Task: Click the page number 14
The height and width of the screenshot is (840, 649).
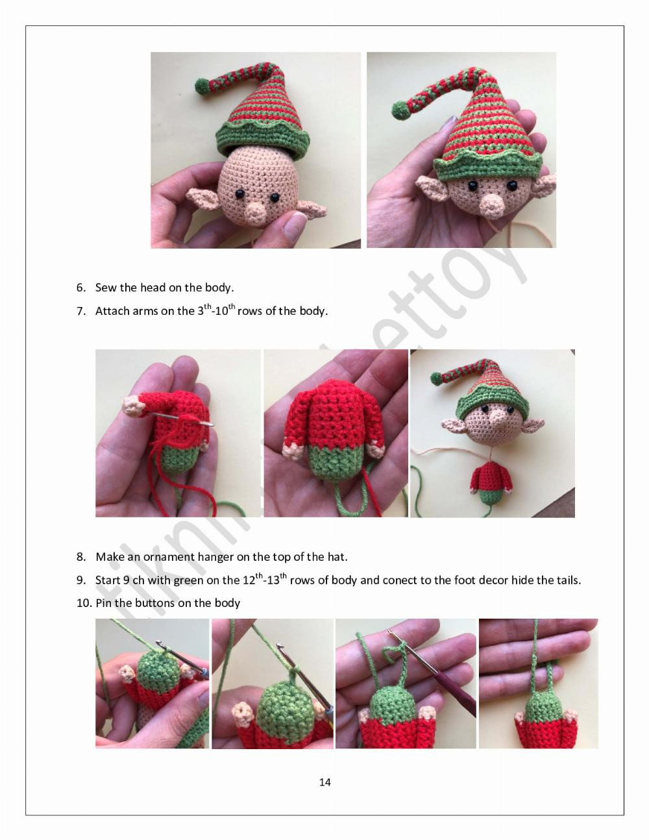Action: tap(324, 782)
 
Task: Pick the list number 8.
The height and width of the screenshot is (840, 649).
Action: tap(80, 557)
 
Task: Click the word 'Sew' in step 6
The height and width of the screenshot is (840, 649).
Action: tap(106, 288)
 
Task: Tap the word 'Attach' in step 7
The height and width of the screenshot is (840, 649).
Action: tap(112, 311)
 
